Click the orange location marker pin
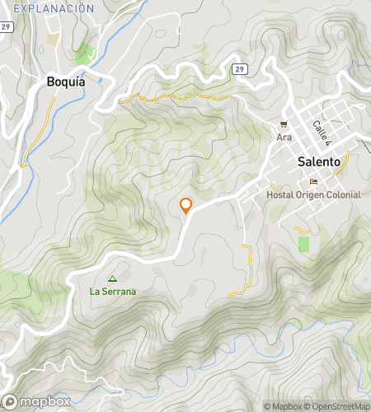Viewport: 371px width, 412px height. pos(186,205)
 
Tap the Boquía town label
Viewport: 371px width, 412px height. pos(67,82)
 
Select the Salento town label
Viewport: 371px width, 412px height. pos(319,162)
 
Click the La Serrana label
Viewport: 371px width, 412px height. pos(113,291)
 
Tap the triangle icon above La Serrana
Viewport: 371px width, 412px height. pos(113,279)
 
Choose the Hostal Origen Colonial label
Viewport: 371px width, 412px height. pos(313,194)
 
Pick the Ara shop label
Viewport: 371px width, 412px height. pos(284,137)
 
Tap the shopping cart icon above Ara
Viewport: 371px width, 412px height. pos(284,124)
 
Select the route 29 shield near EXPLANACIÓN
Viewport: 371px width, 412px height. pos(6,27)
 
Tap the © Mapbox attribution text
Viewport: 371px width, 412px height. pos(283,406)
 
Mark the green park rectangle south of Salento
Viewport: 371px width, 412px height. pos(303,245)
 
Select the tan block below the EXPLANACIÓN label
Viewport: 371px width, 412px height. pos(54,38)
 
